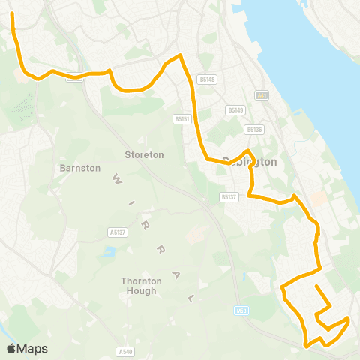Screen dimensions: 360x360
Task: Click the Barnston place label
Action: pos(79,168)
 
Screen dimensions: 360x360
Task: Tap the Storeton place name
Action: pos(143,154)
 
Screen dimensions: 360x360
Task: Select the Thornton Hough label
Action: pos(141,285)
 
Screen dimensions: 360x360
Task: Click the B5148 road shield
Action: pos(208,79)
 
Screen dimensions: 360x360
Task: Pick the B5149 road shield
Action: pos(237,110)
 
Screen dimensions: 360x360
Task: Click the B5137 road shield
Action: pos(229,196)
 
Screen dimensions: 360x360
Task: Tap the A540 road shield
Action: pos(125,350)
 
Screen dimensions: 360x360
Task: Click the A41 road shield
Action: pos(261,95)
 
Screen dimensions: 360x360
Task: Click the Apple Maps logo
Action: pos(27,348)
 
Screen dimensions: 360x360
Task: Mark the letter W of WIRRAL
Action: pos(116,178)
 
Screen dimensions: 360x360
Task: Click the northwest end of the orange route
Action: pos(13,13)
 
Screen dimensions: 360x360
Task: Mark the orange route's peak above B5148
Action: pos(179,55)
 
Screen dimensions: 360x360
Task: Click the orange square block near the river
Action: pos(319,199)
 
